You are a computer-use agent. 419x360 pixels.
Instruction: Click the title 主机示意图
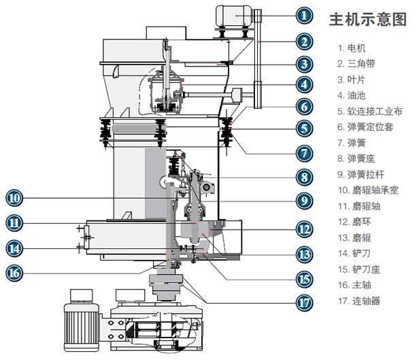tap(367, 19)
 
